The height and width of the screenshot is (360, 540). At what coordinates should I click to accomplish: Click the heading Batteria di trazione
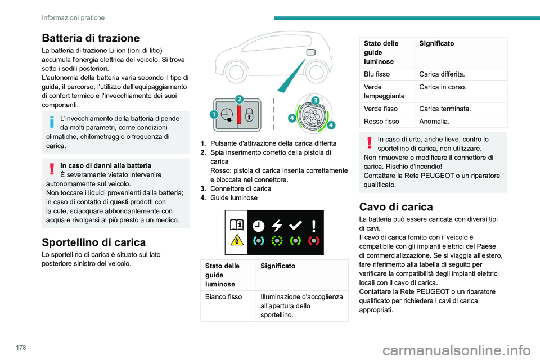coord(90,38)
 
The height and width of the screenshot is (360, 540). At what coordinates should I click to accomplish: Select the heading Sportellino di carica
coord(94,242)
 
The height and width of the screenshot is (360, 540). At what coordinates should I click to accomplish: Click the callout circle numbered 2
coord(238,99)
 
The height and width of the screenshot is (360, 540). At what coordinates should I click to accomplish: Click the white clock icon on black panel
coord(258,224)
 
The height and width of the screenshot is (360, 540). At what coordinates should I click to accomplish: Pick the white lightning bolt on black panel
coord(276,224)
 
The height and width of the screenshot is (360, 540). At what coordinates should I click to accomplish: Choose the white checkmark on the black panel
coord(295,224)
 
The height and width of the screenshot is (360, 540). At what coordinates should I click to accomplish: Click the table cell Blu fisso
coord(377,74)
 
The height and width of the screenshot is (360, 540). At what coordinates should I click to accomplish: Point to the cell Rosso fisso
coord(381,121)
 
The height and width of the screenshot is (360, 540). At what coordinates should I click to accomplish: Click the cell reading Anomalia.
coord(434,121)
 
